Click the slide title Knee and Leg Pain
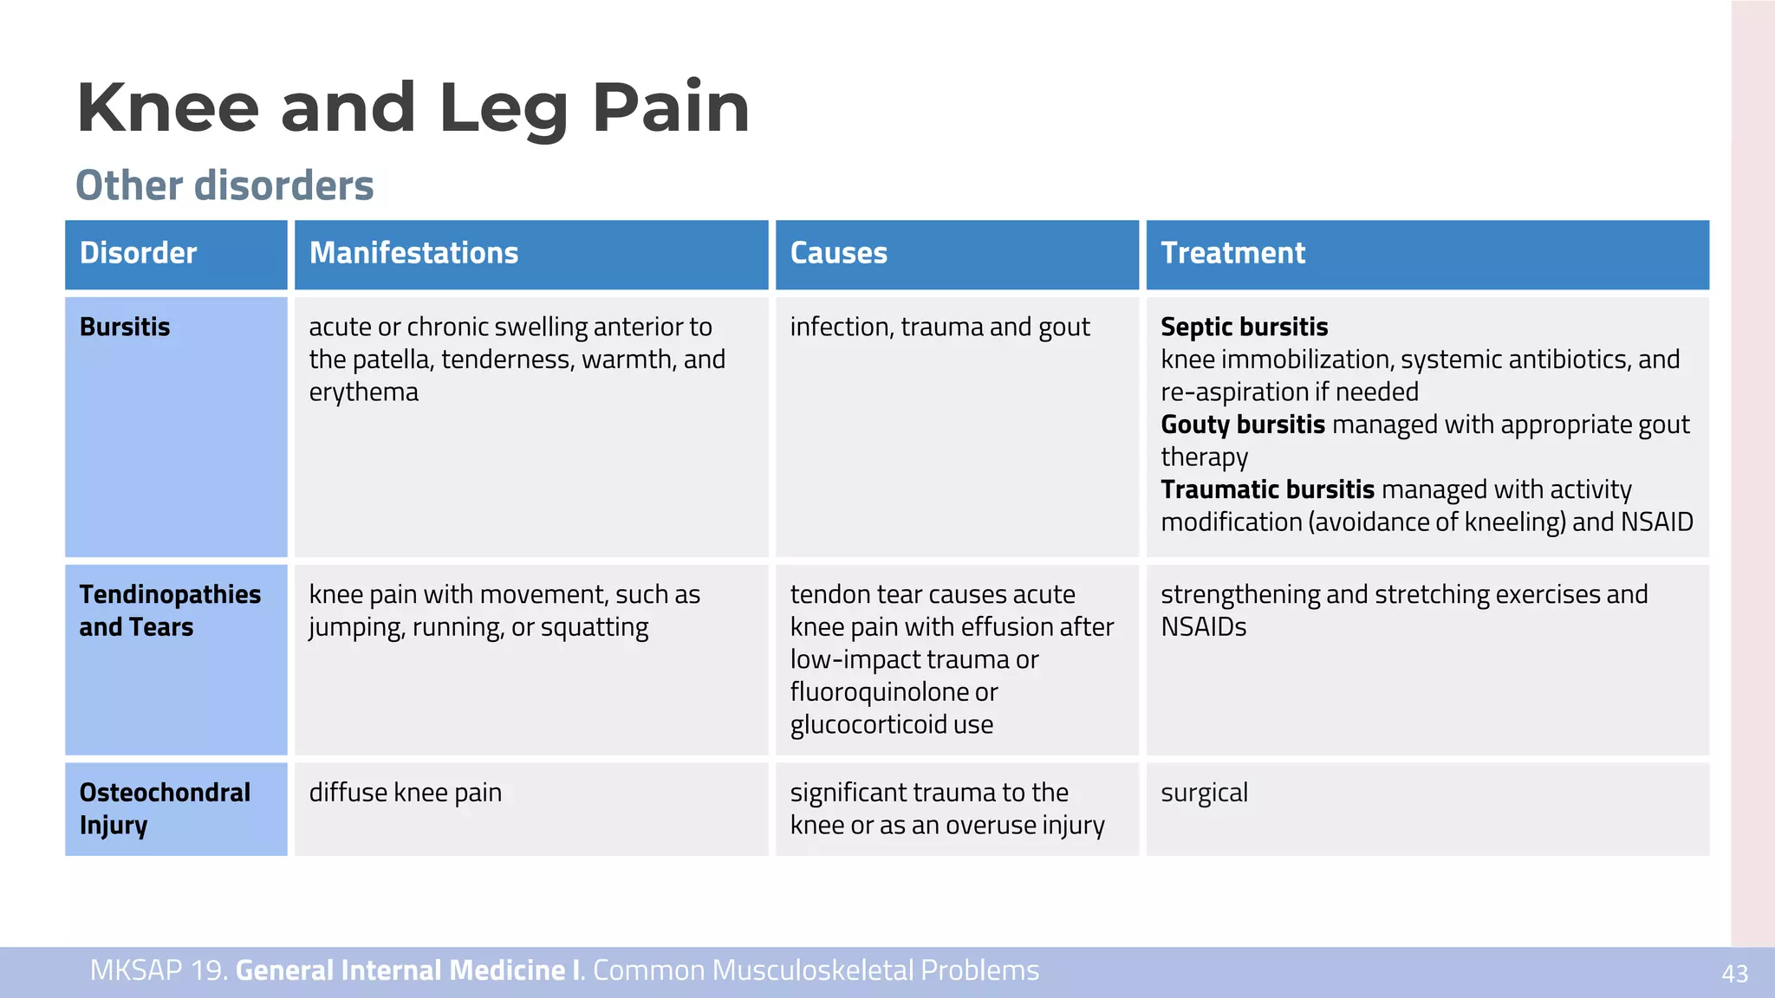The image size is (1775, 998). pyautogui.click(x=413, y=107)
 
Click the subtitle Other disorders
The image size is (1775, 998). pyautogui.click(x=224, y=185)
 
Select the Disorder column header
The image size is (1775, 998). pyautogui.click(x=139, y=253)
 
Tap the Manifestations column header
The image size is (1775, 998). pyautogui.click(x=413, y=253)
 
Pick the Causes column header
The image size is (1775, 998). pyautogui.click(x=838, y=253)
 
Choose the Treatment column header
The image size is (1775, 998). pyautogui.click(x=1232, y=253)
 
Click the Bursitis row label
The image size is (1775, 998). pyautogui.click(x=125, y=327)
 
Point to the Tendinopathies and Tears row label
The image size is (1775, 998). pyautogui.click(x=170, y=611)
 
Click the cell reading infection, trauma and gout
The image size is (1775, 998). pyautogui.click(x=940, y=327)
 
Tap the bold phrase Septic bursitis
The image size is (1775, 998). pyautogui.click(x=1244, y=327)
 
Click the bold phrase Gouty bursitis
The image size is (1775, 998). pyautogui.click(x=1242, y=424)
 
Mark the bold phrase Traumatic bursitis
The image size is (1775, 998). pyautogui.click(x=1267, y=489)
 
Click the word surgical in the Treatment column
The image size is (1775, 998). pyautogui.click(x=1204, y=793)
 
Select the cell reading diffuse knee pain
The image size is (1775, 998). pyautogui.click(x=405, y=793)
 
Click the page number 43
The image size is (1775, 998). pyautogui.click(x=1734, y=974)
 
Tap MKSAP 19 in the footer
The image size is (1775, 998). pyautogui.click(x=158, y=970)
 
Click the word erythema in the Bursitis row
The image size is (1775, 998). pyautogui.click(x=363, y=392)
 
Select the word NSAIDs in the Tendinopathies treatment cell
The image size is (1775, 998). pyautogui.click(x=1203, y=627)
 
